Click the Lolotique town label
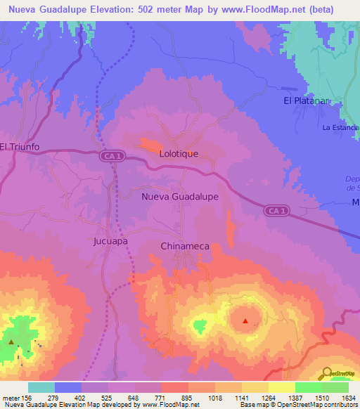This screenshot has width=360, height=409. [x=179, y=153]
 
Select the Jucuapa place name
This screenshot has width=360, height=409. [x=110, y=240]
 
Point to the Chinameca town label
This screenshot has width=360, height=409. [x=185, y=247]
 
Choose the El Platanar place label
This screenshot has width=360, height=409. [x=307, y=101]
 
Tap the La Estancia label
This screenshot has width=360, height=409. [x=340, y=128]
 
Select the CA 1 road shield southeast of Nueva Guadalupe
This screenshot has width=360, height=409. [x=277, y=210]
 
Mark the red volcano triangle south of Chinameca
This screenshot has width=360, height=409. [x=245, y=321]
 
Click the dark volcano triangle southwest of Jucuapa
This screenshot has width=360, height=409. [x=12, y=342]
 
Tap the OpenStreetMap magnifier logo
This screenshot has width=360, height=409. [x=327, y=374]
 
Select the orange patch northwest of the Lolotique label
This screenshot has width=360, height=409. [x=149, y=143]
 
